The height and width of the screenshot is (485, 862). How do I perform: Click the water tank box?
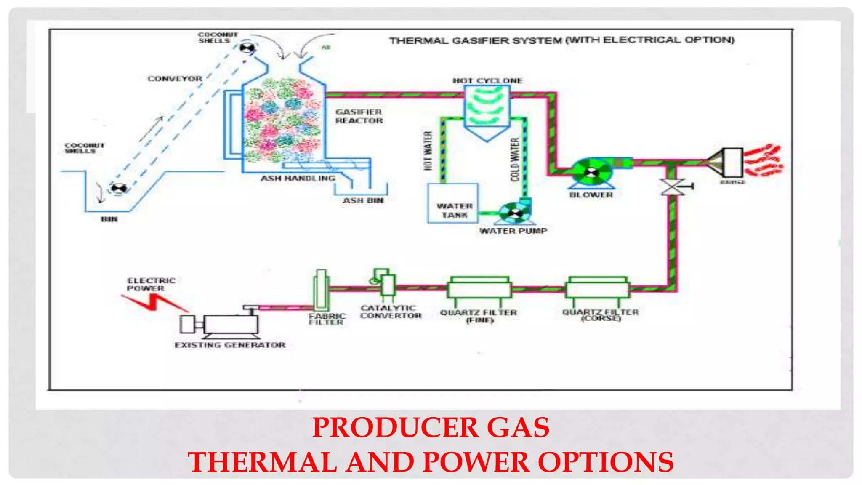point(453,203)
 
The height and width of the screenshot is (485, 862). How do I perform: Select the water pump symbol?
point(514,213)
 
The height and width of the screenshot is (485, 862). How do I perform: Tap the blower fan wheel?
point(592,172)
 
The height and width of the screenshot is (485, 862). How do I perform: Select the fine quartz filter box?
point(479,288)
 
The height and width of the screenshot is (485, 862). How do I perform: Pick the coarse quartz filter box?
point(597,288)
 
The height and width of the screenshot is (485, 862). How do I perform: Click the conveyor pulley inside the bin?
point(118,189)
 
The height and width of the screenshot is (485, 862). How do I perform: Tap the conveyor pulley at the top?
point(247,48)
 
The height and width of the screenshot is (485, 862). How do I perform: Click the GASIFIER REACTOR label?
point(359,116)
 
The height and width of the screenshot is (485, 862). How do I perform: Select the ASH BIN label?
point(363,200)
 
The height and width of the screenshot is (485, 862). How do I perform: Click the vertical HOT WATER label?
point(428,150)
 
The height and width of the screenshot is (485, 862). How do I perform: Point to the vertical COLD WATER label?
point(515,160)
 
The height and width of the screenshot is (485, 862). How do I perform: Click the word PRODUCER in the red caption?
point(395,428)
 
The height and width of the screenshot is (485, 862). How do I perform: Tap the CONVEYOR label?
point(175,79)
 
